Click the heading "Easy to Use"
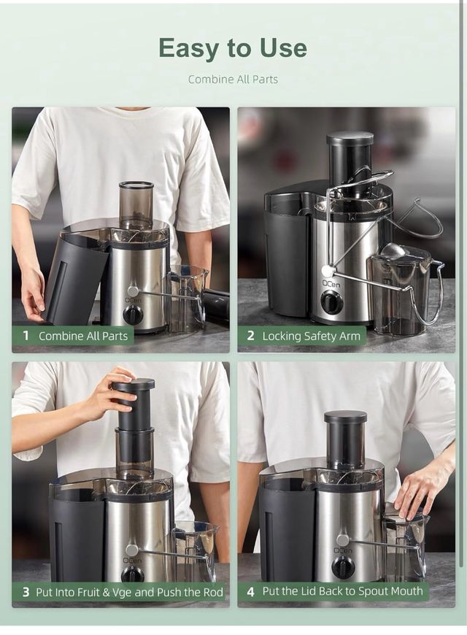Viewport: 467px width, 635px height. pos(233,48)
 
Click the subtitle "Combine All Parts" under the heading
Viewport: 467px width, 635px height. pos(233,79)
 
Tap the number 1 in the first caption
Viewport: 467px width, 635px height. pos(26,336)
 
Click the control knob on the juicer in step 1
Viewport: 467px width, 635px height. pos(133,315)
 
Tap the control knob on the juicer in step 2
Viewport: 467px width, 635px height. pos(332,302)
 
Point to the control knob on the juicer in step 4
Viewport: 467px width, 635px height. pos(343,567)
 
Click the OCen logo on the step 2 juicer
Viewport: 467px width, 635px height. pos(328,280)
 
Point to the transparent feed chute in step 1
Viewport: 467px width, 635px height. pos(136,204)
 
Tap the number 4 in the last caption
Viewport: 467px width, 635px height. pos(250,591)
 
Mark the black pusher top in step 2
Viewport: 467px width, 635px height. pos(350,139)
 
